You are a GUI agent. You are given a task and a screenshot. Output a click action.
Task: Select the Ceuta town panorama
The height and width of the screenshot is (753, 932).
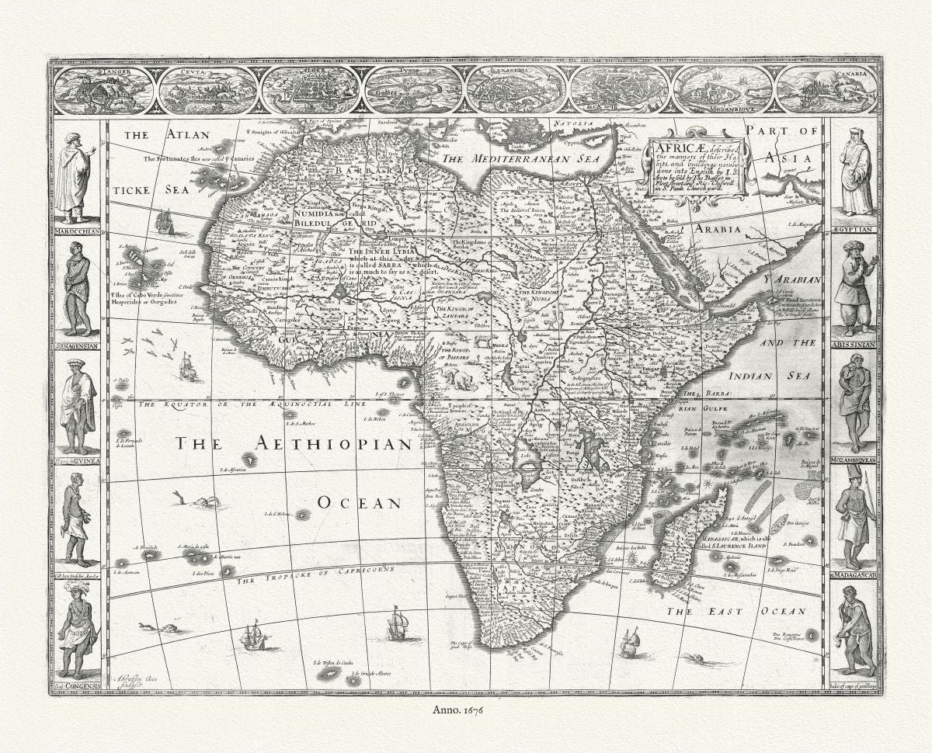click(x=206, y=89)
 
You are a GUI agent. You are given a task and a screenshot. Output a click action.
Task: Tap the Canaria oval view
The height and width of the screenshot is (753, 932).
click(x=826, y=89)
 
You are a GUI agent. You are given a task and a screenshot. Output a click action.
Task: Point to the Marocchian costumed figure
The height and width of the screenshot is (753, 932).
click(x=75, y=177)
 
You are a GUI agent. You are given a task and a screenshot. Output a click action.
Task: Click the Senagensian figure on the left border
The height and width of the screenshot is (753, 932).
click(x=77, y=288)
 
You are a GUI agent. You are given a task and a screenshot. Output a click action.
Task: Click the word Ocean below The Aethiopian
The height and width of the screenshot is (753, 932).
click(x=358, y=503)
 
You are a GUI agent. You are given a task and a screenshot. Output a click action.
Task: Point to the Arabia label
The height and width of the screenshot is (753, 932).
click(x=719, y=229)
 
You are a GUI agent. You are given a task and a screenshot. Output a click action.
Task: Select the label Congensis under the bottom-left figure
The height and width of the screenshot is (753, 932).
click(x=78, y=685)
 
